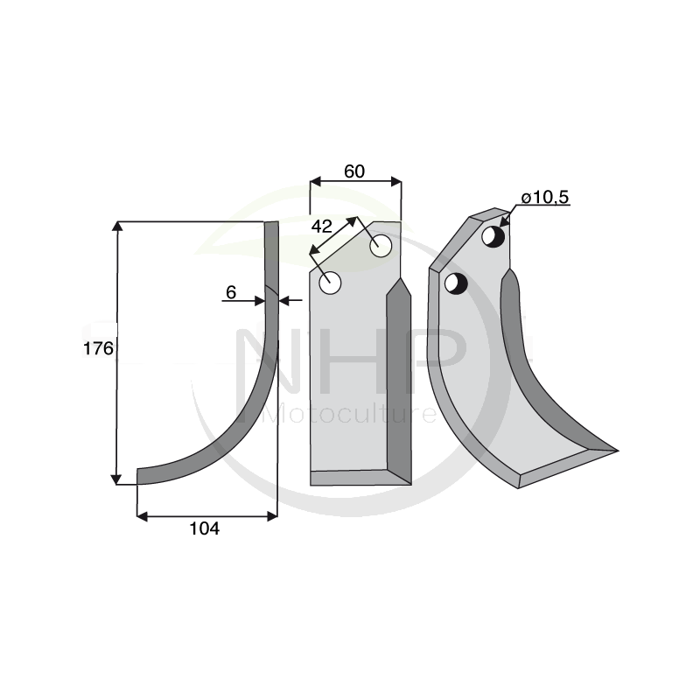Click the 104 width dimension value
[205, 528]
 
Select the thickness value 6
[231, 293]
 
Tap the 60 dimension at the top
[354, 171]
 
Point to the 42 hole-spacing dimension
[322, 225]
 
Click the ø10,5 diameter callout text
[544, 198]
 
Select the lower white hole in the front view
[331, 283]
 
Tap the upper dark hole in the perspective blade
[494, 237]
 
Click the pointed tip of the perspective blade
[615, 451]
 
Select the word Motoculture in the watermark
[350, 412]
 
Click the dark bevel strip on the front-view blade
[400, 376]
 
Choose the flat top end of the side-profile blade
[271, 224]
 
